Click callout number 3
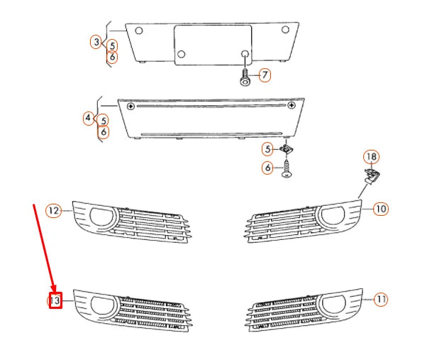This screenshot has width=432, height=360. (x=96, y=43)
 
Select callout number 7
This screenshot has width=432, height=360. (x=264, y=75)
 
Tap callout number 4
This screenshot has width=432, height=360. (x=89, y=117)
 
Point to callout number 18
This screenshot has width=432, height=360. (x=371, y=157)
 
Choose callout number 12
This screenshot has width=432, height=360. (x=54, y=210)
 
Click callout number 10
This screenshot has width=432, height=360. (x=381, y=209)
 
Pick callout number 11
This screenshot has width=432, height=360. (x=381, y=299)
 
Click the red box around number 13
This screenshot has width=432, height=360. (x=55, y=301)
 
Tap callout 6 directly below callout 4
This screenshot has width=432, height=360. (x=104, y=132)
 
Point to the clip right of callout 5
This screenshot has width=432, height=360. (x=287, y=150)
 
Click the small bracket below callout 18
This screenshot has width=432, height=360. (x=370, y=176)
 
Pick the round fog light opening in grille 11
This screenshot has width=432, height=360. (x=331, y=305)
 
